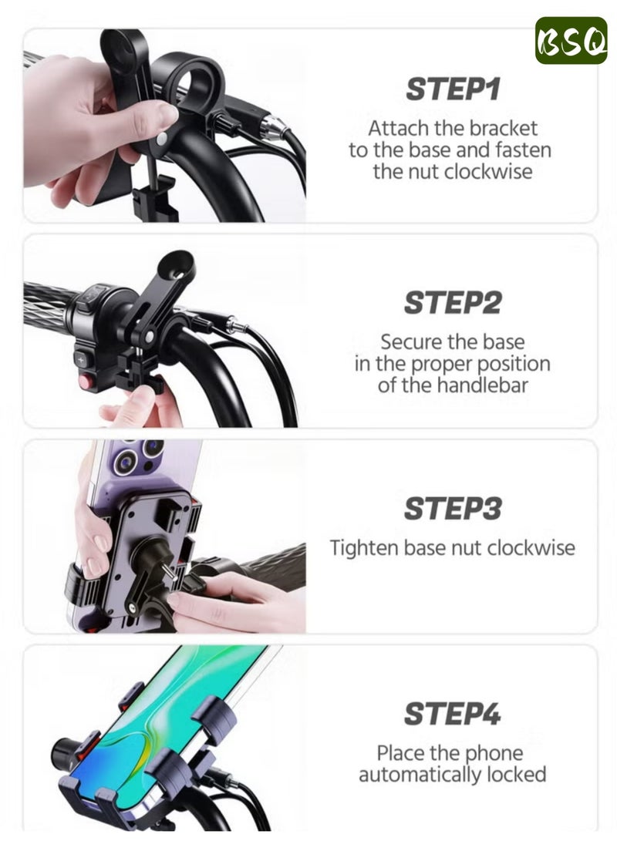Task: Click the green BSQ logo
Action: [571, 40]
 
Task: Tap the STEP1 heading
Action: [453, 89]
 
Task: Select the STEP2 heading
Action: [453, 303]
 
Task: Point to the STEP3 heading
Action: [453, 509]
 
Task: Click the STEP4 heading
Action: [453, 715]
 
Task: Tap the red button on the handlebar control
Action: [83, 381]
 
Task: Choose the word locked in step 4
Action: [518, 774]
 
